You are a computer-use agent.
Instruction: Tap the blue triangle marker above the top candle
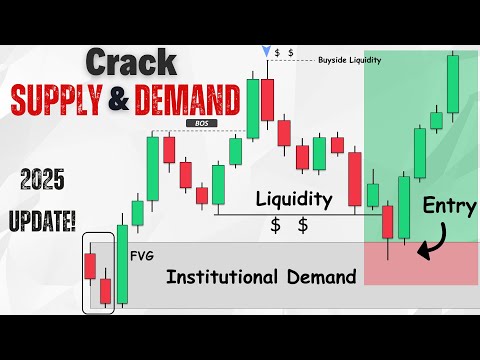(x=265, y=50)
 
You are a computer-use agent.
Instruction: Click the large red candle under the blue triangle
(x=267, y=99)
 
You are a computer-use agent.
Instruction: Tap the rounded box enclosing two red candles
(x=98, y=276)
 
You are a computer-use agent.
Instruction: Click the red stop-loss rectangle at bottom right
(x=420, y=262)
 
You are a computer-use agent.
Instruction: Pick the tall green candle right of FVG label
(x=122, y=263)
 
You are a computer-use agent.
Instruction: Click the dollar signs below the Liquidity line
(x=289, y=225)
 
